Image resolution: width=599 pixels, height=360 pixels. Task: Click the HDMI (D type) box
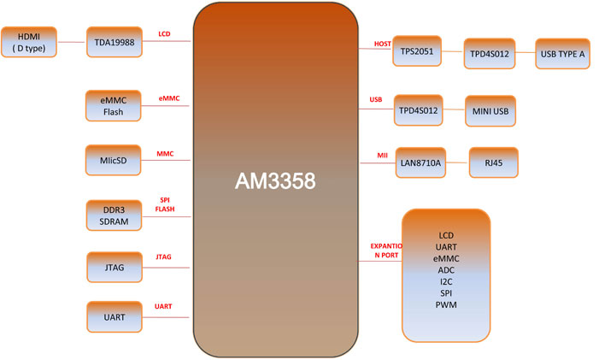point(29,42)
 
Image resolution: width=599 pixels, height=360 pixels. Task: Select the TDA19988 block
point(115,42)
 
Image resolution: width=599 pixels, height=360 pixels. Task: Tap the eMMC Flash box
point(114,106)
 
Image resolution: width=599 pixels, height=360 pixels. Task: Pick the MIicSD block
point(114,160)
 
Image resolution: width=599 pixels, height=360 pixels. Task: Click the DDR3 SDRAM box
point(114,215)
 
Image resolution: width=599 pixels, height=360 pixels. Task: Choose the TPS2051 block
point(417,50)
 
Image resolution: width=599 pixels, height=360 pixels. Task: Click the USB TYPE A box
point(563,54)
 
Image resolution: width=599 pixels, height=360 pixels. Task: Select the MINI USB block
point(490,111)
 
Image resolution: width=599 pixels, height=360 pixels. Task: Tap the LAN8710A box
point(420,162)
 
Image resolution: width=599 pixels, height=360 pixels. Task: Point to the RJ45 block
point(494,162)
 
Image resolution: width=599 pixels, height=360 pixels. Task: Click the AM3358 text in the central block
point(275,180)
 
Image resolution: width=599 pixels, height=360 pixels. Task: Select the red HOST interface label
point(383,44)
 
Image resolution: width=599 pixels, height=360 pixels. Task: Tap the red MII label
point(383,155)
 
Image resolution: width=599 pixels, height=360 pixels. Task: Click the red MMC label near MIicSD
point(165,154)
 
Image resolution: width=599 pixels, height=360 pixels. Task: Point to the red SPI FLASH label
point(165,204)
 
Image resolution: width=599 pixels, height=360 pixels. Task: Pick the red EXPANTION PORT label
point(386,251)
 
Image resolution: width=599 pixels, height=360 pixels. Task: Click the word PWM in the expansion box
point(446,305)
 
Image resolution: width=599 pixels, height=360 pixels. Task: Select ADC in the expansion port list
point(446,270)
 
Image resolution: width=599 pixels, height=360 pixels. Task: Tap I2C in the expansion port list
point(446,281)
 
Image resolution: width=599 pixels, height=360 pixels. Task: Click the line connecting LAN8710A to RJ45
point(458,162)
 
